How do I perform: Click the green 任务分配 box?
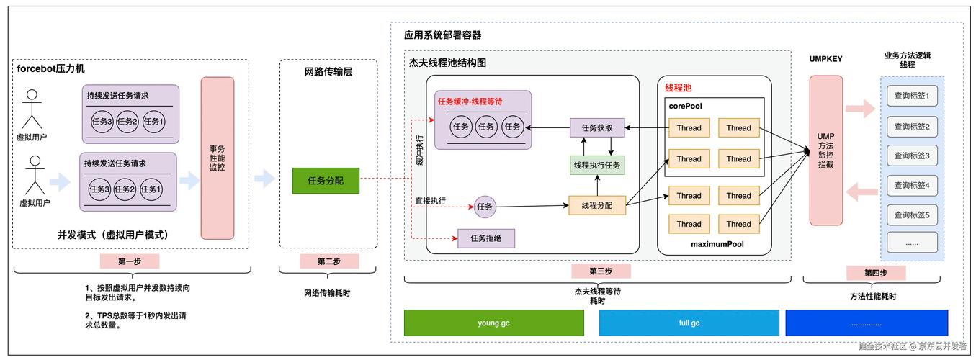click(325, 181)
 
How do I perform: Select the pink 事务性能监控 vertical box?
click(217, 158)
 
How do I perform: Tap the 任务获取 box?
click(596, 128)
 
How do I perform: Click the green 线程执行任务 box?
click(596, 166)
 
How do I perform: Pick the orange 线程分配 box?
click(596, 205)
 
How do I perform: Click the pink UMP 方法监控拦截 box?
click(825, 150)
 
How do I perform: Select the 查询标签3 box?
click(911, 156)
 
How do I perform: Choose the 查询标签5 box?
click(911, 215)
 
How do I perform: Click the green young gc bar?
click(493, 323)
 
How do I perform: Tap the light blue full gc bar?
click(689, 323)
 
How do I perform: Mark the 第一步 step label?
click(130, 261)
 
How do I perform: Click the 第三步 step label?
click(600, 271)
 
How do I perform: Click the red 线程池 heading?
click(678, 88)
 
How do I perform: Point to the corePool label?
click(685, 106)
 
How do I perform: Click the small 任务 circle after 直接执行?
click(485, 207)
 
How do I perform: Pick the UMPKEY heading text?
click(825, 59)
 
